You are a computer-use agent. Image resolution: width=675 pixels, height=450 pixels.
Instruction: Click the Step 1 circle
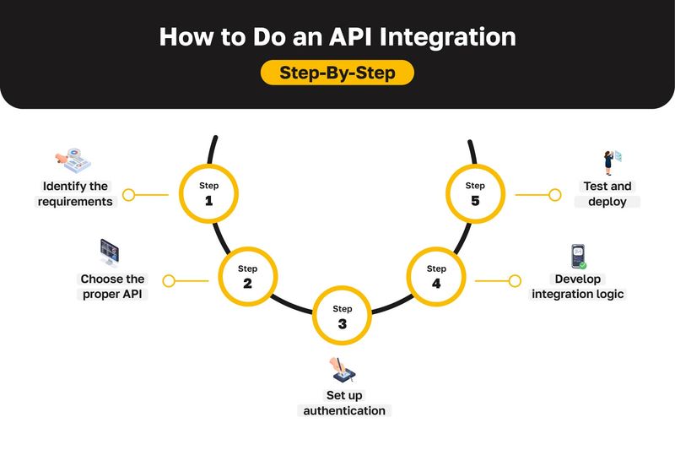208,193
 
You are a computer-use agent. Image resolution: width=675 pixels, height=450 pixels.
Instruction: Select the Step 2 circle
247,276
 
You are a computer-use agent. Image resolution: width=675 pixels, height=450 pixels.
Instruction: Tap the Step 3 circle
342,316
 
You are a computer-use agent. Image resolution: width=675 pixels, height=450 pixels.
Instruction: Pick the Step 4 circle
435,276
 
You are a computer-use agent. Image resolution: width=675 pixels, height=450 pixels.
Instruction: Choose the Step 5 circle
475,193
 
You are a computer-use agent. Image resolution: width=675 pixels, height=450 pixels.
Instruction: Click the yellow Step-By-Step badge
337,73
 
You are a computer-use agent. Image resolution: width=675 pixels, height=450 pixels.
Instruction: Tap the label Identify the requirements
75,194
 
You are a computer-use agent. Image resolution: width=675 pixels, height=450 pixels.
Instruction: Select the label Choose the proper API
112,286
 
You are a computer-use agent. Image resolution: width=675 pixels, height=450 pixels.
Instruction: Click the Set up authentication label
343,403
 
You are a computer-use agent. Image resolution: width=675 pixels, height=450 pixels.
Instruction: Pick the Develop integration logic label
578,286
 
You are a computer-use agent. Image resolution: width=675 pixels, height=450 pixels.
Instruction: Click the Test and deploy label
607,194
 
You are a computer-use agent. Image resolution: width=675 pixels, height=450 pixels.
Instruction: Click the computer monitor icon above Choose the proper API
110,251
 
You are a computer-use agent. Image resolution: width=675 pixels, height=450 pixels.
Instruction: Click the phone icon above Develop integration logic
578,256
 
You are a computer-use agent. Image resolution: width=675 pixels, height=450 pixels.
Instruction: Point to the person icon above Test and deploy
610,161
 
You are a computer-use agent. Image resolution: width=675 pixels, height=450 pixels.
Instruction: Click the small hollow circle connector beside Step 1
128,195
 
